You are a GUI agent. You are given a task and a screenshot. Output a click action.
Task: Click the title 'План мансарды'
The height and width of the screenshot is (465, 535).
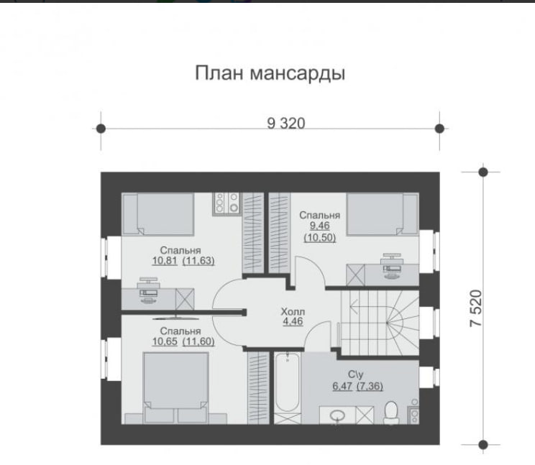tap(270, 73)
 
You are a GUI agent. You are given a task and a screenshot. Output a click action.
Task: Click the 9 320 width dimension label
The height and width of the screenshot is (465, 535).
tap(286, 123)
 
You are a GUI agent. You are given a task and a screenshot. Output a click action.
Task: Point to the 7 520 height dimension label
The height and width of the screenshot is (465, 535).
tap(475, 308)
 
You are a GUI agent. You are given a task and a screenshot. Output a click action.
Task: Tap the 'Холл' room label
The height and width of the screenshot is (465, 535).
tap(293, 312)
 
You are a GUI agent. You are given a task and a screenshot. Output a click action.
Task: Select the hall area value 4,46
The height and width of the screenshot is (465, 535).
tap(293, 321)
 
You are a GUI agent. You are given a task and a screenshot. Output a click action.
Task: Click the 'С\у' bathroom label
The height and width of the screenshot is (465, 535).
tap(355, 374)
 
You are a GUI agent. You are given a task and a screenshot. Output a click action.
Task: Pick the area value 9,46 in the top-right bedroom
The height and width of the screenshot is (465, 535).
tap(319, 226)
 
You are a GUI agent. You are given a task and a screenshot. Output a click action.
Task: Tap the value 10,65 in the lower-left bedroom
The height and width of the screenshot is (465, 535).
tap(165, 341)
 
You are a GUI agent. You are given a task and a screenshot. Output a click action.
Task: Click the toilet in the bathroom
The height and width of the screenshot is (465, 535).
tap(391, 413)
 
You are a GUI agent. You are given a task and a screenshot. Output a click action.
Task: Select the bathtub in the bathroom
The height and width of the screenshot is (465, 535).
tap(288, 382)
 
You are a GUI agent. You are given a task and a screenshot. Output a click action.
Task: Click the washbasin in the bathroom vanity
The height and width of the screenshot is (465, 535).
tap(337, 415)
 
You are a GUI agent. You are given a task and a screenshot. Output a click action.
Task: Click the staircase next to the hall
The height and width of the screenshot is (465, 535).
tap(380, 323)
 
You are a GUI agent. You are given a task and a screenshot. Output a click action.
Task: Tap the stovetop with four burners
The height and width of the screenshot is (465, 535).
tap(227, 204)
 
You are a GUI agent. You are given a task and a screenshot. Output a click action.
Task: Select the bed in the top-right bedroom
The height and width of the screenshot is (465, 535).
tap(383, 214)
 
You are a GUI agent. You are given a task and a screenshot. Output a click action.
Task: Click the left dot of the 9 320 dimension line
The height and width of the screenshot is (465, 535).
tap(101, 129)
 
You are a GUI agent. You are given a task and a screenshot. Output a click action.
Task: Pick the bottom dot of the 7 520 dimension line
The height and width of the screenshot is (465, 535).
tap(483, 445)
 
